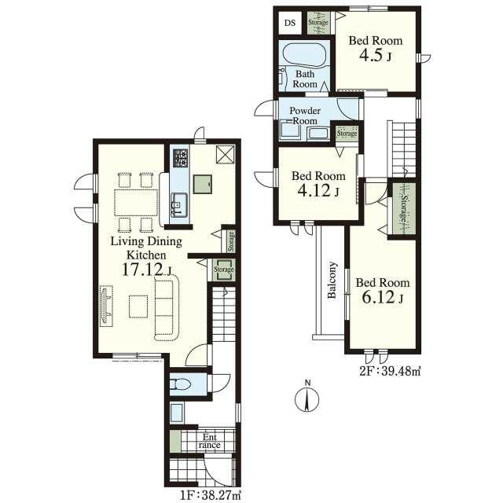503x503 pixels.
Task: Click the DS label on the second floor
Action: coord(290,23)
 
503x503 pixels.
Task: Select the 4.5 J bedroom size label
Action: coord(375,56)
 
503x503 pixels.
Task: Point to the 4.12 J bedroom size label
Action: coord(318,191)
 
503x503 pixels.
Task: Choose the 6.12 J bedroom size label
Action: coord(383,297)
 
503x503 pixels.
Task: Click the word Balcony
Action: coord(332,280)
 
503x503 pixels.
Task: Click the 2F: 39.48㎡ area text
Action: coord(390,372)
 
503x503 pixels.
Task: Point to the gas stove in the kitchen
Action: coord(180,158)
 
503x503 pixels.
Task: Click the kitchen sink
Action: coord(179,204)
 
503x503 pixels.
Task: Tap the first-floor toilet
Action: coord(180,384)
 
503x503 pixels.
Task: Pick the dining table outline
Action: coord(136,203)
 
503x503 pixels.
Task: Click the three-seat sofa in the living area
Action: coord(166,307)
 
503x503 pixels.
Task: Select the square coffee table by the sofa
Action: coord(138,307)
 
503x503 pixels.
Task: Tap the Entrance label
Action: coord(210,441)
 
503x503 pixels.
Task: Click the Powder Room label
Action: coord(305,116)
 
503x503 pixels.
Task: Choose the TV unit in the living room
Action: coord(106,306)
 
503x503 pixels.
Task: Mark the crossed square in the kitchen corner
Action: coord(225,155)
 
